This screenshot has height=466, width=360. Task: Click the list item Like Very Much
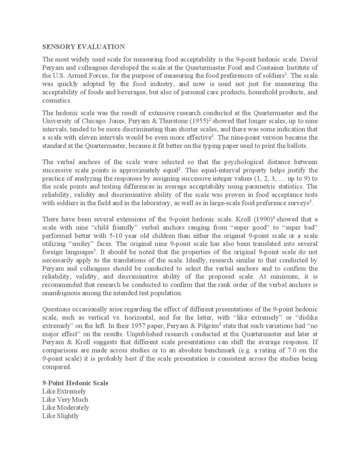click(x=66, y=399)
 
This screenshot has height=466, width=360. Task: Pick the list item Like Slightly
click(x=61, y=415)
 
